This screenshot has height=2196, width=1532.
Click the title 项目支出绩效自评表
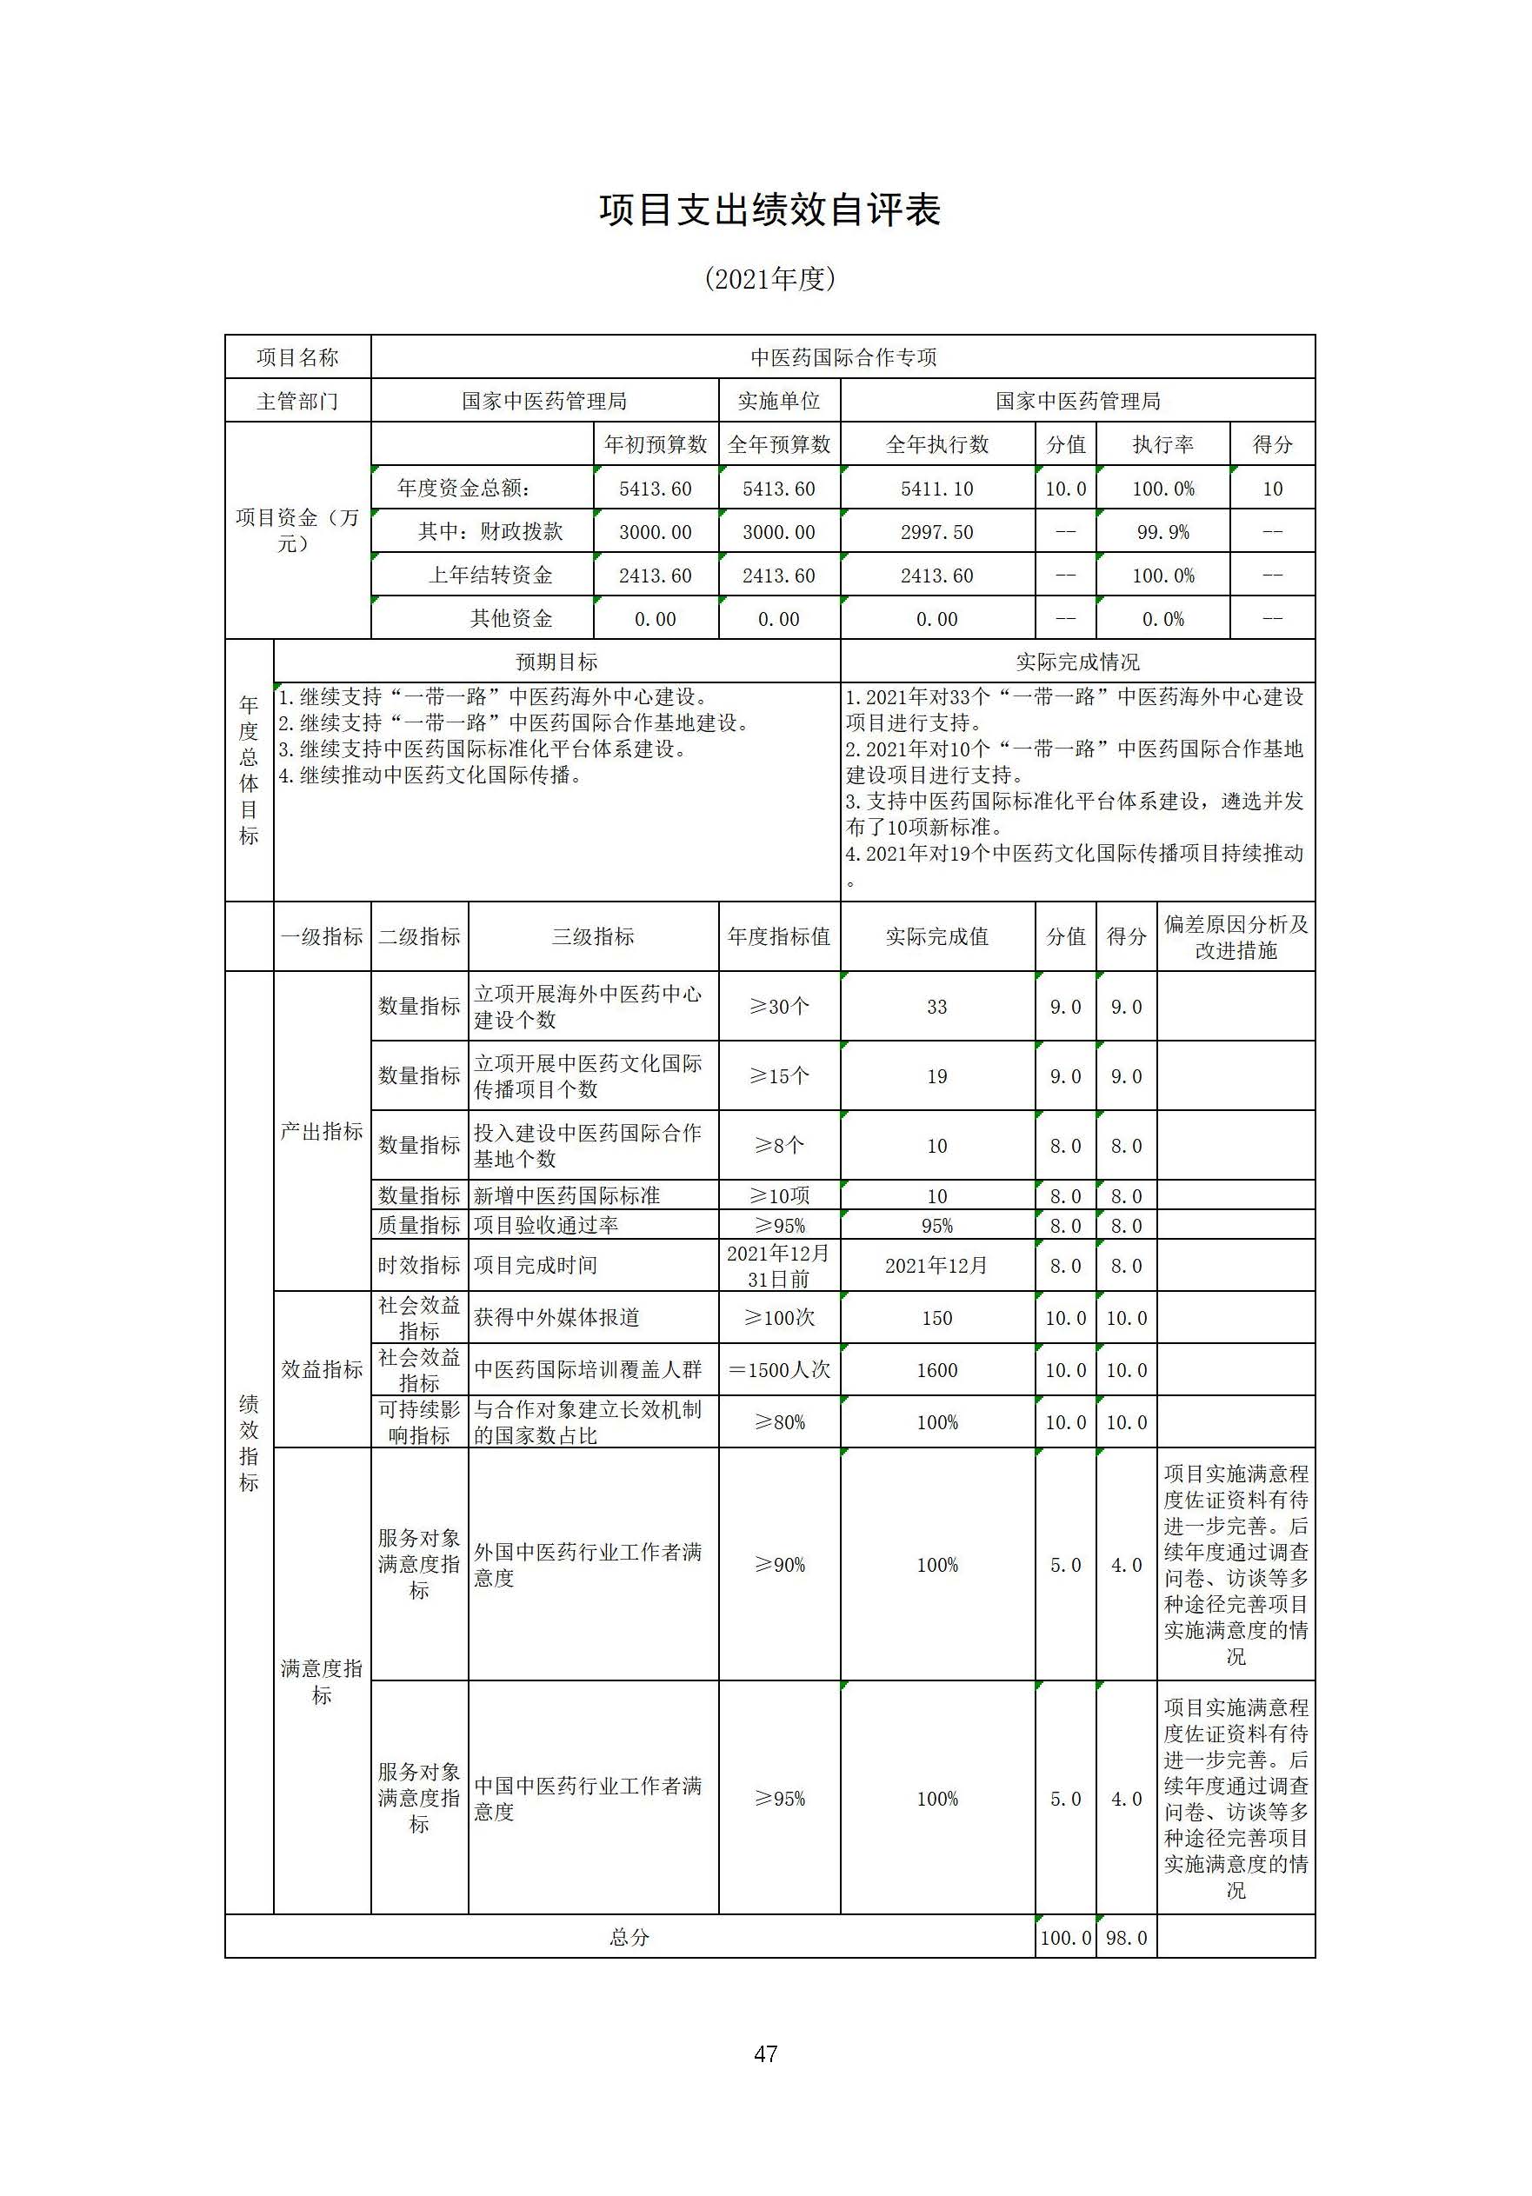769,210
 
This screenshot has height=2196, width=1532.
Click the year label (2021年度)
769,278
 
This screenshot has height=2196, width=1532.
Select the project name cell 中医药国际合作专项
843,357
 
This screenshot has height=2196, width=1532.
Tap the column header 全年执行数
936,445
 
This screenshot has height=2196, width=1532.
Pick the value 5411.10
936,489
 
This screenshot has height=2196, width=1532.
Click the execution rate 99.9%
1162,532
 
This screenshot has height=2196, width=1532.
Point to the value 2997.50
936,532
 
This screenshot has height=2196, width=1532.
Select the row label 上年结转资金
490,575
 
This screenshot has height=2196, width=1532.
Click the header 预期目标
556,662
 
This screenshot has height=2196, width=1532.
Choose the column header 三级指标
593,936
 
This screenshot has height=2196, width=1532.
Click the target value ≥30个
778,1006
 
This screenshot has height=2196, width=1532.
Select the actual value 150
936,1318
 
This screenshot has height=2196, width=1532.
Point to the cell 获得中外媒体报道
556,1318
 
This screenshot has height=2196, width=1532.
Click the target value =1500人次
778,1369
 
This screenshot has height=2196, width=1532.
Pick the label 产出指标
322,1132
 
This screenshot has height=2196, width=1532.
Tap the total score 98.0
1126,1938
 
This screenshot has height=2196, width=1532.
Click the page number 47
765,2053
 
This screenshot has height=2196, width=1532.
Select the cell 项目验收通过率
546,1225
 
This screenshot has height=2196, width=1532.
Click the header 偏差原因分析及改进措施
1236,936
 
